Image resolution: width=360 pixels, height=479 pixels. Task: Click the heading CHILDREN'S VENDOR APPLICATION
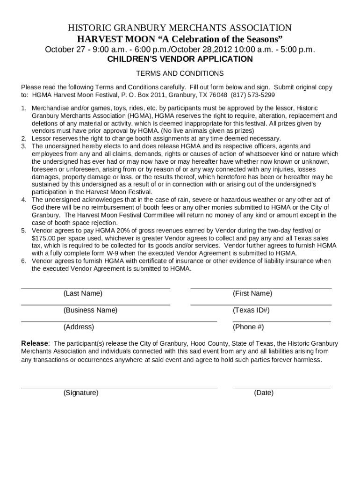click(x=180, y=59)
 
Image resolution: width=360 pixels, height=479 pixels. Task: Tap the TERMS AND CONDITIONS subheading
click(x=180, y=73)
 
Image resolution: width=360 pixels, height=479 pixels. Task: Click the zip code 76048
click(x=218, y=94)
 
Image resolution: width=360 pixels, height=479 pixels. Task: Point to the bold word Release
click(x=35, y=343)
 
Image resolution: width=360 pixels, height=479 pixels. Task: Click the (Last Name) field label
click(x=83, y=294)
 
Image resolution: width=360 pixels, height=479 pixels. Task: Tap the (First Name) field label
click(x=252, y=294)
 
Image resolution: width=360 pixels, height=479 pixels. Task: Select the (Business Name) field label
click(x=90, y=310)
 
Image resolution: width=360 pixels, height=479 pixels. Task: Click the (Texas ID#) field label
click(x=251, y=310)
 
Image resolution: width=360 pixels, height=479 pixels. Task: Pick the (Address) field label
click(x=79, y=327)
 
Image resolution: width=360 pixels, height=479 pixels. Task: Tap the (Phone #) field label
click(x=248, y=327)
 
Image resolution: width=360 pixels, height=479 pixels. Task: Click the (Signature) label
click(x=81, y=393)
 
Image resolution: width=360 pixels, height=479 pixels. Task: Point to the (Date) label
click(x=264, y=393)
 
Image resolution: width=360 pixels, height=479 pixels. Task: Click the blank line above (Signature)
click(x=119, y=388)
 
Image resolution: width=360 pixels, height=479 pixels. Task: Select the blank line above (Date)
click(x=281, y=388)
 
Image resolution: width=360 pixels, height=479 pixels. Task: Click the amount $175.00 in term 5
click(x=44, y=238)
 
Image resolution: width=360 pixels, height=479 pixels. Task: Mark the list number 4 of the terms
click(x=23, y=200)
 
